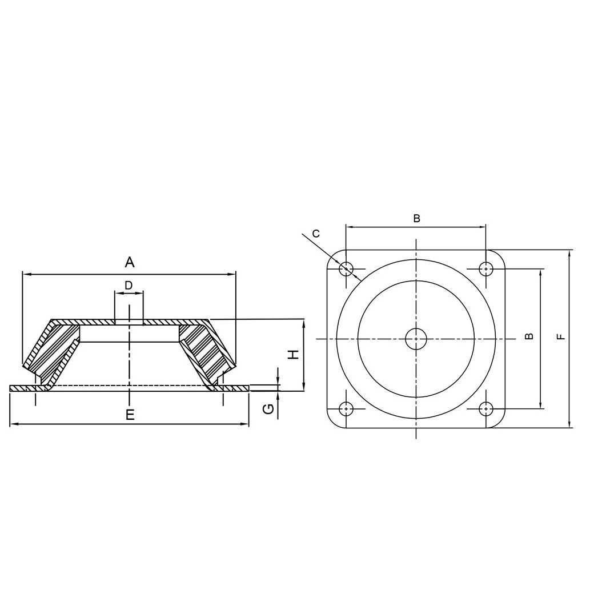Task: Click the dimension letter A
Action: click(x=130, y=262)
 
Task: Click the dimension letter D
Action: click(x=129, y=284)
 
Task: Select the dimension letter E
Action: click(x=130, y=415)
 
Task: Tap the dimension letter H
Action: click(x=294, y=354)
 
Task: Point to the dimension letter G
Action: click(x=268, y=408)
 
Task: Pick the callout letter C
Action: click(x=316, y=233)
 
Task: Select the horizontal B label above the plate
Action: click(x=416, y=218)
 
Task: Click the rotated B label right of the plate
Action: click(x=529, y=336)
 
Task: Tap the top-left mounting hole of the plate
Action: click(x=346, y=268)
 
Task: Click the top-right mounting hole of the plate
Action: click(x=485, y=268)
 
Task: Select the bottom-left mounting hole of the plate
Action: click(x=346, y=409)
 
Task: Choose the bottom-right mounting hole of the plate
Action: click(x=485, y=409)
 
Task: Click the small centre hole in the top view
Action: click(x=416, y=339)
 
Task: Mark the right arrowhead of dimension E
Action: click(x=246, y=424)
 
